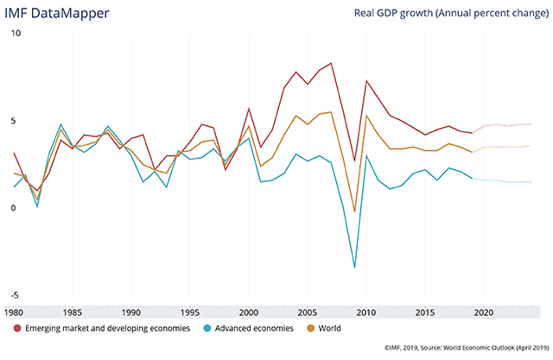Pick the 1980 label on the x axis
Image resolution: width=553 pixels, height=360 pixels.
[x=15, y=312]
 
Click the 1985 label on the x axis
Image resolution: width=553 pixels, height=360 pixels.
[x=73, y=312]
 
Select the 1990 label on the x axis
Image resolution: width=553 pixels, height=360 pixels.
[x=131, y=312]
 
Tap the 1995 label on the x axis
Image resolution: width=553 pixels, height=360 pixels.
[x=190, y=312]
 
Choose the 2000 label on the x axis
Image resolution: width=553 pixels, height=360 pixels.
[x=249, y=312]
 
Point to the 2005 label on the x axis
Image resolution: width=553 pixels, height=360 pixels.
[x=308, y=312]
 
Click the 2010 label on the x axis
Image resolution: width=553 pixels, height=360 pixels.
[x=366, y=312]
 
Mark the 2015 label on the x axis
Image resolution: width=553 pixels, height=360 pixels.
[x=425, y=312]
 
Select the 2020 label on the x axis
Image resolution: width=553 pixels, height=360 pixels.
[x=484, y=312]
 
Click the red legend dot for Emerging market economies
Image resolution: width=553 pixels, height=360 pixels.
[x=17, y=328]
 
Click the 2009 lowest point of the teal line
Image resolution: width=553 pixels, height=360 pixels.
[x=354, y=268]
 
